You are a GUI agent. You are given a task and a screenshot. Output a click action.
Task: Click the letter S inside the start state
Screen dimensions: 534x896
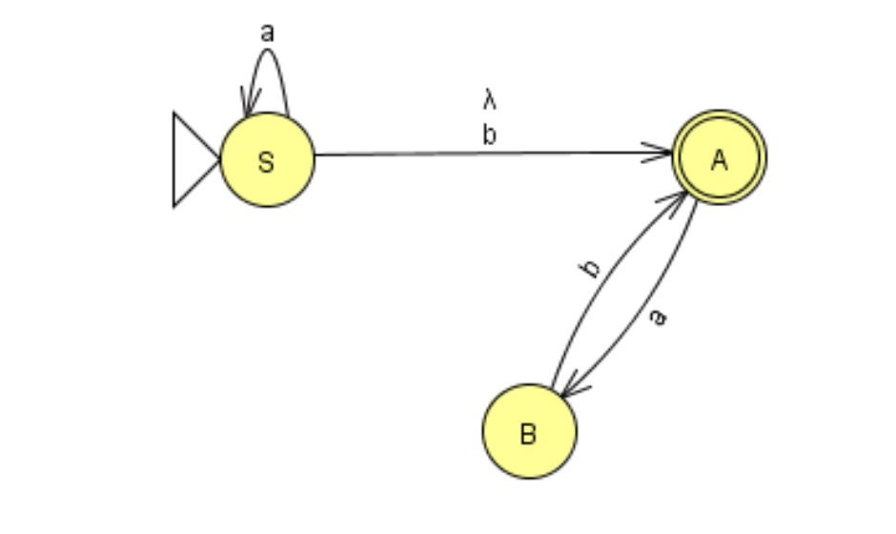tap(266, 162)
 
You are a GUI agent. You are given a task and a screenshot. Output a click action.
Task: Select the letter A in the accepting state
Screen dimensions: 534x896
tap(719, 160)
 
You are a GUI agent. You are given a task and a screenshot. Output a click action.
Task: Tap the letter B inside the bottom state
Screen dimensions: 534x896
tap(528, 435)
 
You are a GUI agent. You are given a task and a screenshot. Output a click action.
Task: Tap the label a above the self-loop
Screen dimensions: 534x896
tap(267, 32)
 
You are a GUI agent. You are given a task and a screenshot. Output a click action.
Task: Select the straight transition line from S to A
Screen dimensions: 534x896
tap(477, 154)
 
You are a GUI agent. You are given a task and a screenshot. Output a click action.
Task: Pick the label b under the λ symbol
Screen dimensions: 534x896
tap(489, 134)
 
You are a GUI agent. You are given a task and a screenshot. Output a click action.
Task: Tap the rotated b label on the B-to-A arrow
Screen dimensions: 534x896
tap(592, 268)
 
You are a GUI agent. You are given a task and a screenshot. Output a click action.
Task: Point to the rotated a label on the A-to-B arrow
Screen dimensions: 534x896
tap(656, 318)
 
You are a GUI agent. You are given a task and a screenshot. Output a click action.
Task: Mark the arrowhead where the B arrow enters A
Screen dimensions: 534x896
tap(682, 197)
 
